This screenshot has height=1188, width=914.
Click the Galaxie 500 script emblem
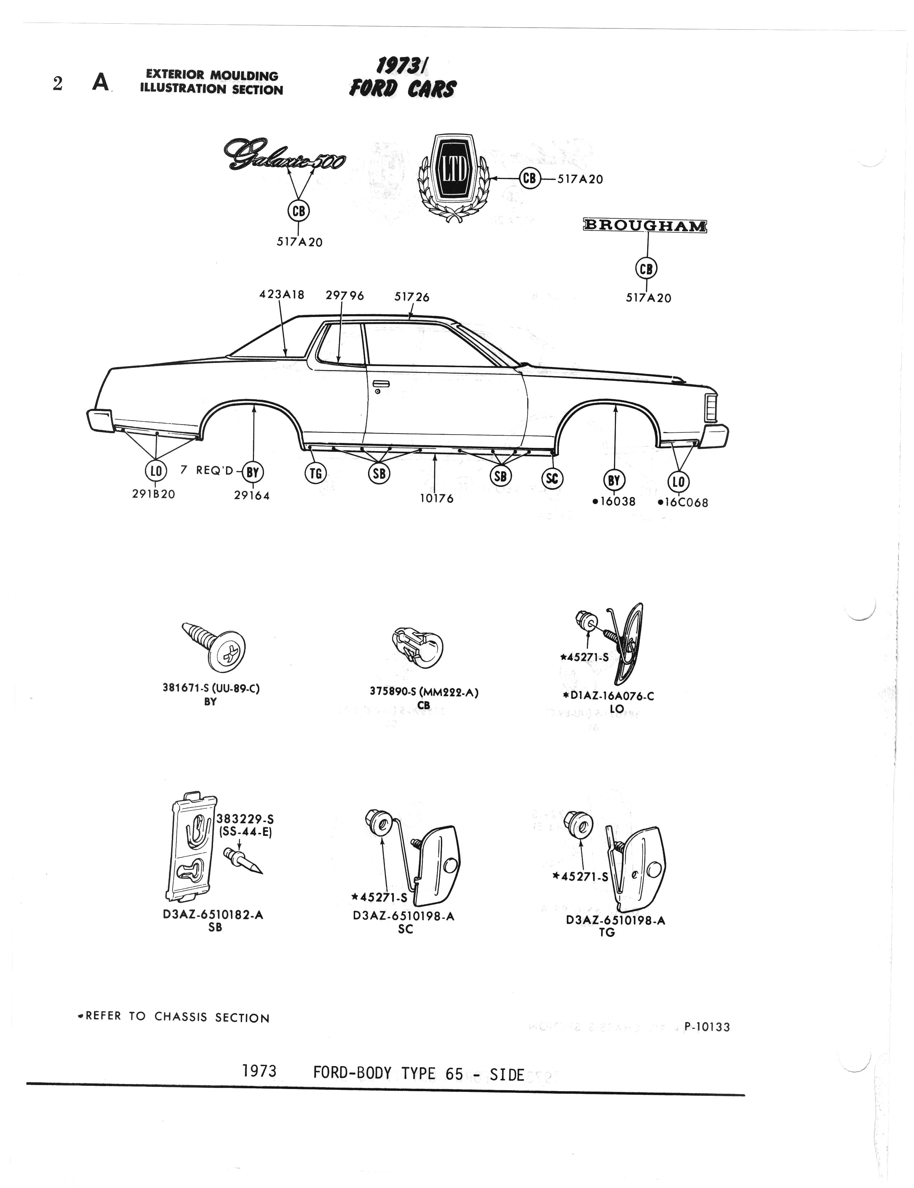point(283,155)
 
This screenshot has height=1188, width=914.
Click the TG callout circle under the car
point(316,474)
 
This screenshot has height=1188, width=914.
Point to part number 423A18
point(281,295)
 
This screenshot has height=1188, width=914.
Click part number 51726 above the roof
point(411,297)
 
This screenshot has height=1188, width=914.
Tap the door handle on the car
point(381,385)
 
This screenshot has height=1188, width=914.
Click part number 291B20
point(154,494)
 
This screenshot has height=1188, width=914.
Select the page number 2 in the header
point(58,84)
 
